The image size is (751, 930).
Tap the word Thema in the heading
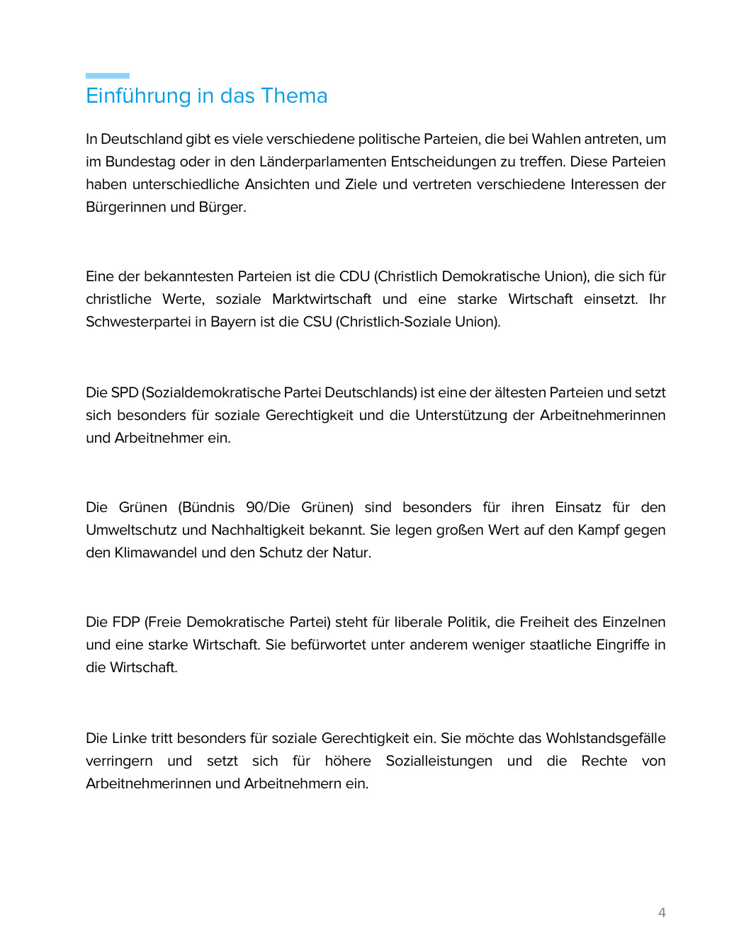click(x=294, y=96)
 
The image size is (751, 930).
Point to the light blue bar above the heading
click(x=108, y=76)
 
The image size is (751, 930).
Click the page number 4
click(x=662, y=912)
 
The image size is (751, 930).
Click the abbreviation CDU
click(x=354, y=276)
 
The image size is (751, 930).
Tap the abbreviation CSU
click(x=317, y=322)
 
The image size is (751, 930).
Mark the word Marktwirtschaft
click(x=322, y=299)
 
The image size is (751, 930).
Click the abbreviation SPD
click(x=125, y=392)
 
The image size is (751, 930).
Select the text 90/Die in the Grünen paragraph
click(x=268, y=507)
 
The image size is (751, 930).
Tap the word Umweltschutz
click(x=131, y=530)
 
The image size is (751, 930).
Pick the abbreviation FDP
click(x=126, y=622)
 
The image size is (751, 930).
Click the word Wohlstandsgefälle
click(x=606, y=738)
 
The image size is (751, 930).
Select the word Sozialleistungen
click(x=439, y=761)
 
